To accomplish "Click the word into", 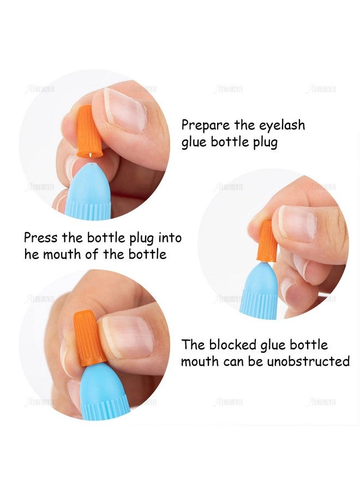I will click(169, 238).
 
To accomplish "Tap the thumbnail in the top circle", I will click(125, 110).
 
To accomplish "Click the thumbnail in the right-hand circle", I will click(298, 224).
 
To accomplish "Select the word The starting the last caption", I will click(194, 345).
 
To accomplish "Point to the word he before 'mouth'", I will click(32, 255).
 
